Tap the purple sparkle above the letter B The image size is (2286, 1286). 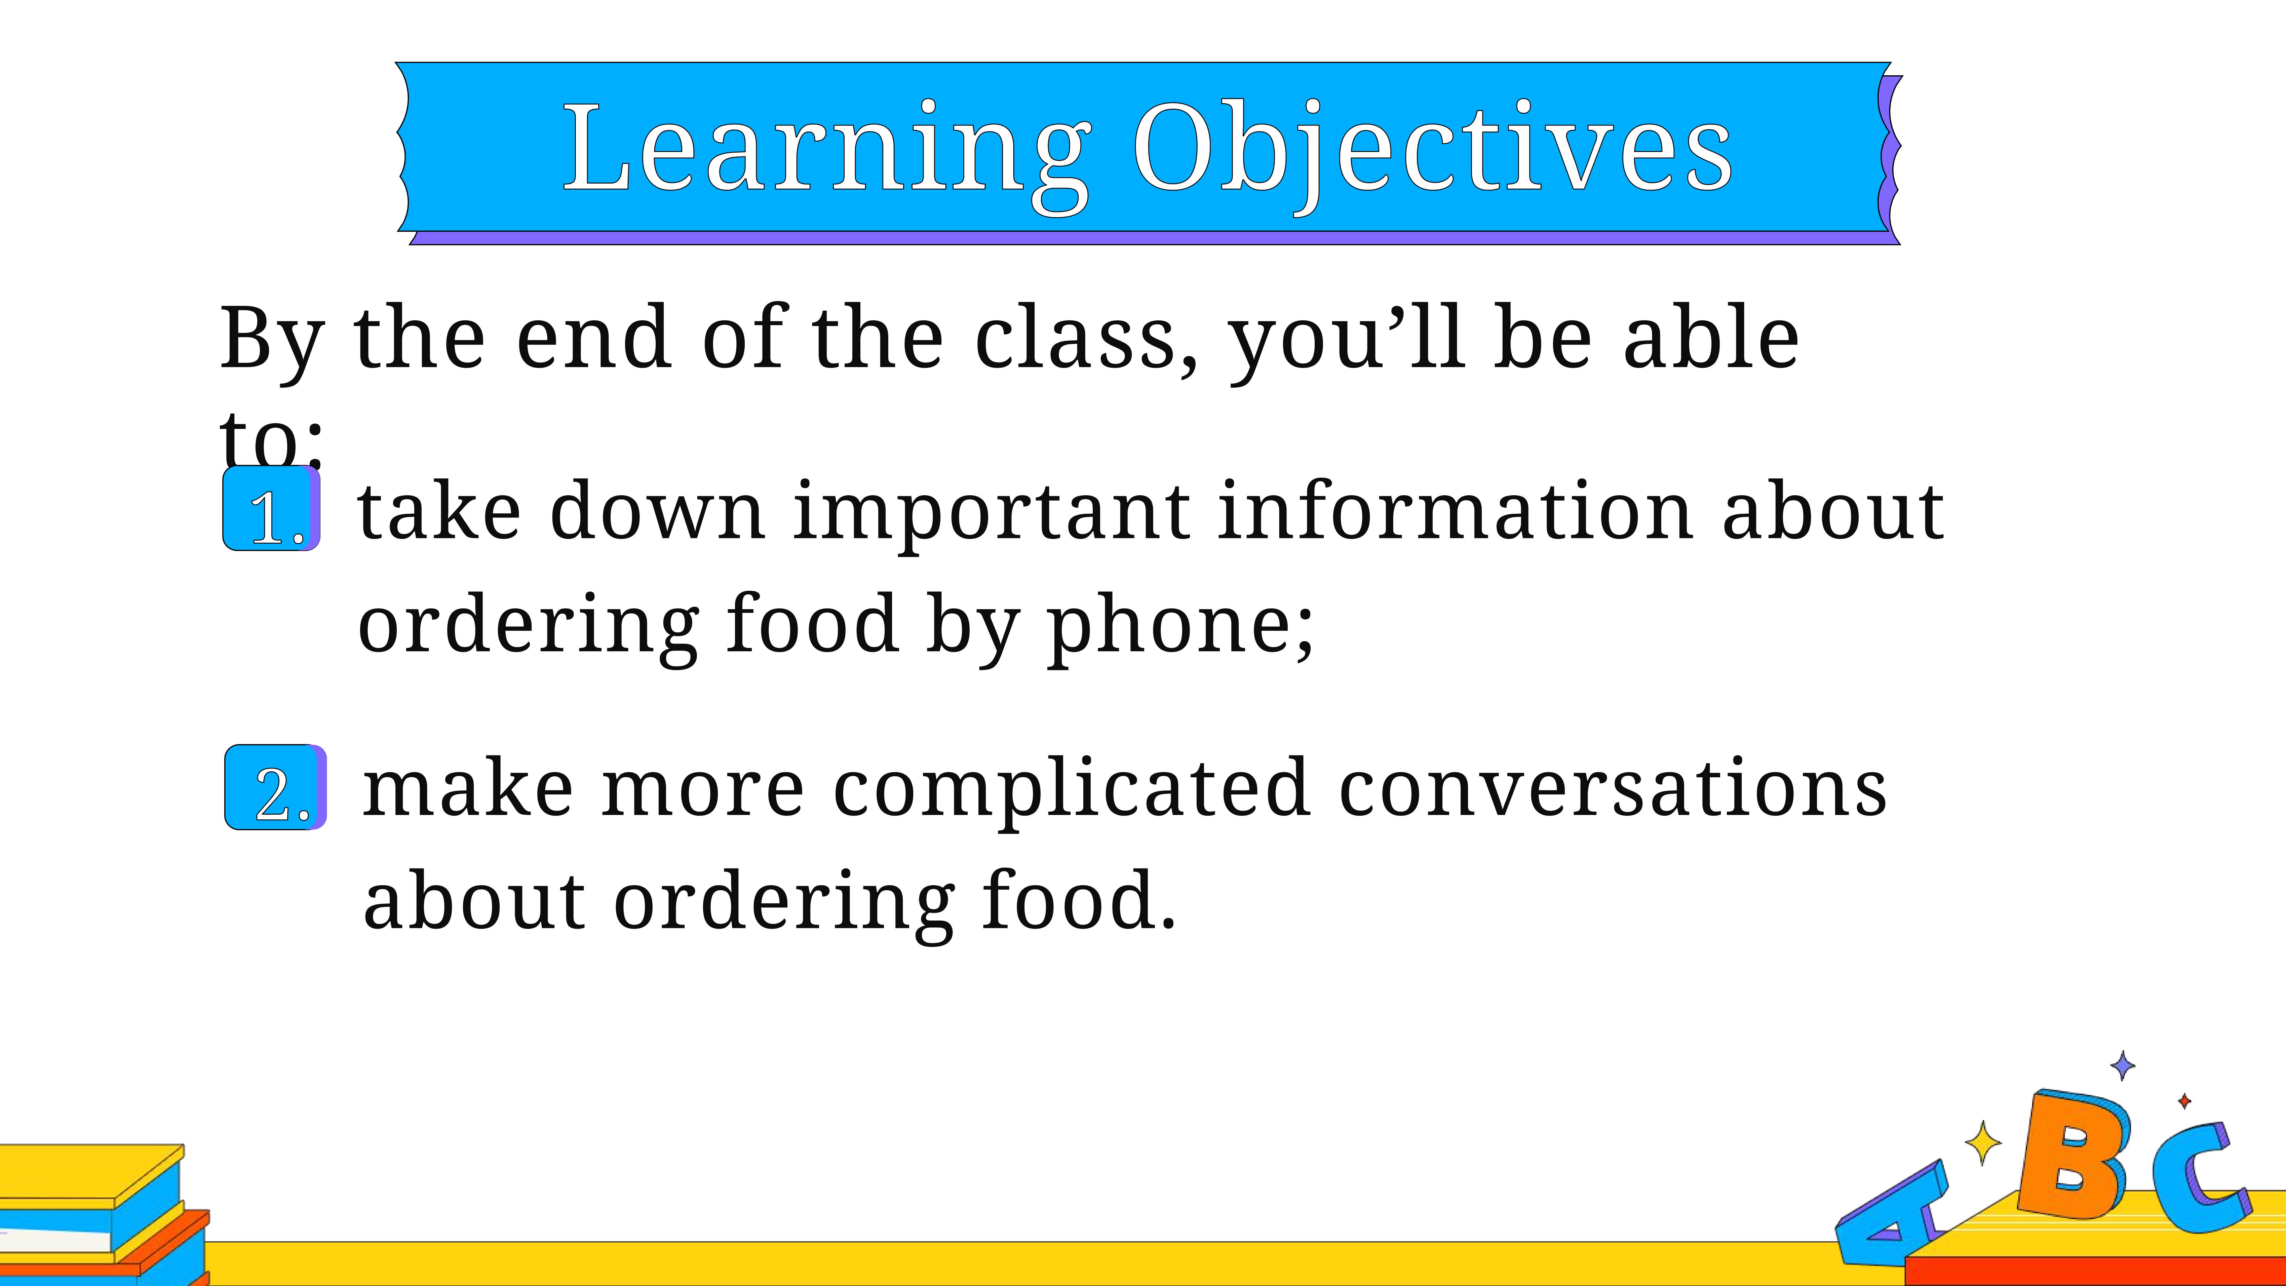(2123, 1065)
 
